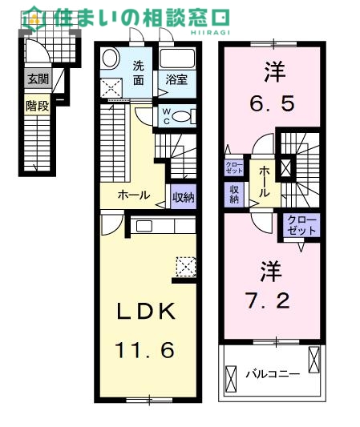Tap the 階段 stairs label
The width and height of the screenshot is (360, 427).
pos(36,106)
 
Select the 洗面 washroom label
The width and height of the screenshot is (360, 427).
pos(140,73)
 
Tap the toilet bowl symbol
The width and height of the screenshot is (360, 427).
pos(184,116)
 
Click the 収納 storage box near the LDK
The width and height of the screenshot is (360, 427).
pos(183,194)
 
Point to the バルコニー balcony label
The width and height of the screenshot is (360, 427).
pos(272,373)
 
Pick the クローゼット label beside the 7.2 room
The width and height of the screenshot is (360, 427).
pos(301,224)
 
